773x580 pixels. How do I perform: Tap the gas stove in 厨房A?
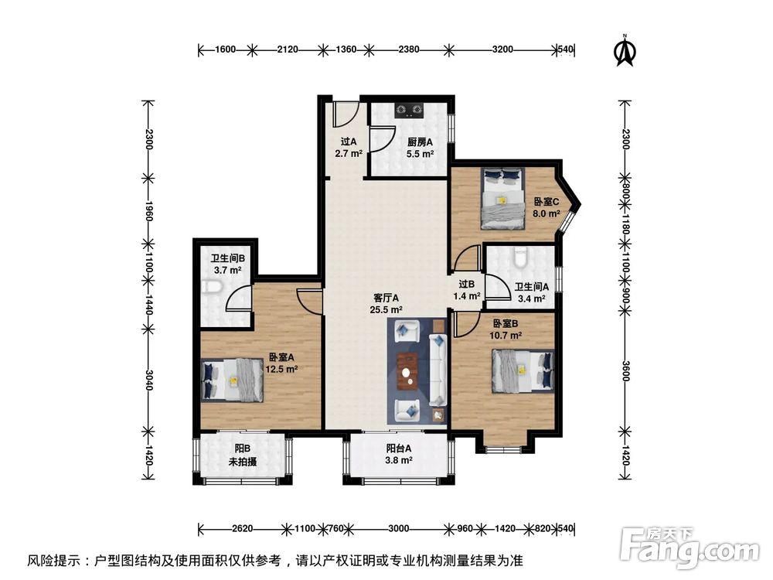tap(410, 110)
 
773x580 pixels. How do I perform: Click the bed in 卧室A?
tap(233, 380)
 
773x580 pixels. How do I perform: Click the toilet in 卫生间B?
tap(213, 289)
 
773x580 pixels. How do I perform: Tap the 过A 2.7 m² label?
tap(349, 148)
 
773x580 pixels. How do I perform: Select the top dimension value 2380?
tap(409, 50)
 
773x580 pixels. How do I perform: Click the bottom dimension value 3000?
tap(398, 529)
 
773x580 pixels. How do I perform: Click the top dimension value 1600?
tap(225, 50)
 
